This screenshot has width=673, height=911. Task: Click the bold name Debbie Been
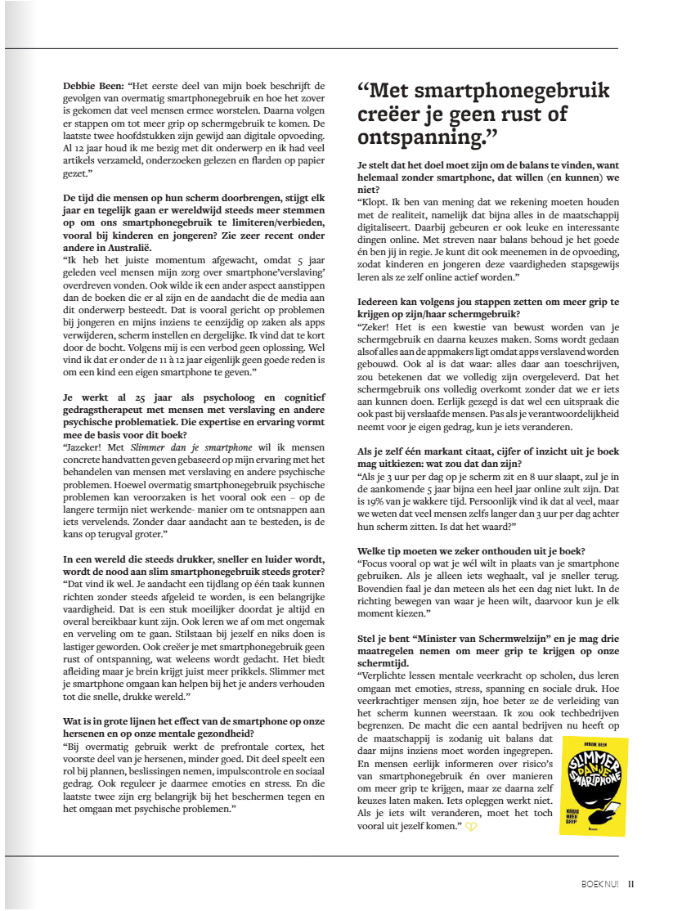[92, 86]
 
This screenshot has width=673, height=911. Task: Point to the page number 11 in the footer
[631, 883]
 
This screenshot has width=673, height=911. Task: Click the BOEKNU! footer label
[601, 883]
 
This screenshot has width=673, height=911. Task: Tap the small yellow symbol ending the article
[472, 827]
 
